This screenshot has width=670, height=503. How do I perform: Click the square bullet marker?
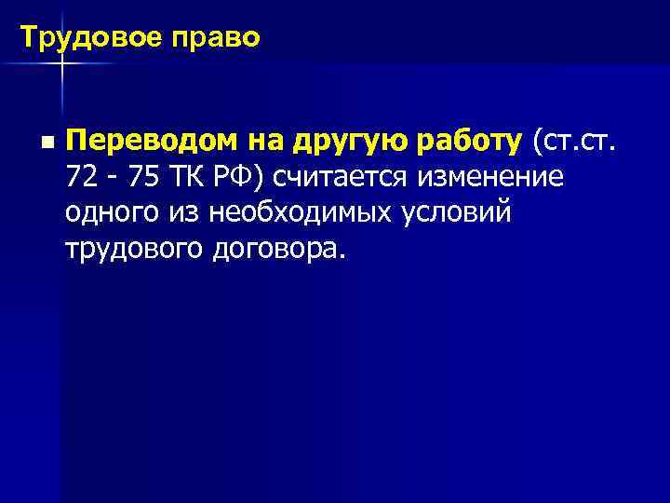click(x=47, y=143)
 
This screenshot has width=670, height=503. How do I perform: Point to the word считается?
click(x=343, y=177)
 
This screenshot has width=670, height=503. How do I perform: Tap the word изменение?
click(x=493, y=177)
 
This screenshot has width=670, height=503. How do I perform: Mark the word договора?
click(x=279, y=250)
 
